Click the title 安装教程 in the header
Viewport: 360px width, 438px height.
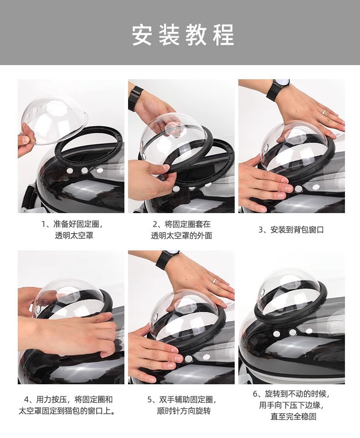pos(183,35)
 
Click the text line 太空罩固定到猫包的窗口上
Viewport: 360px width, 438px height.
pos(67,411)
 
